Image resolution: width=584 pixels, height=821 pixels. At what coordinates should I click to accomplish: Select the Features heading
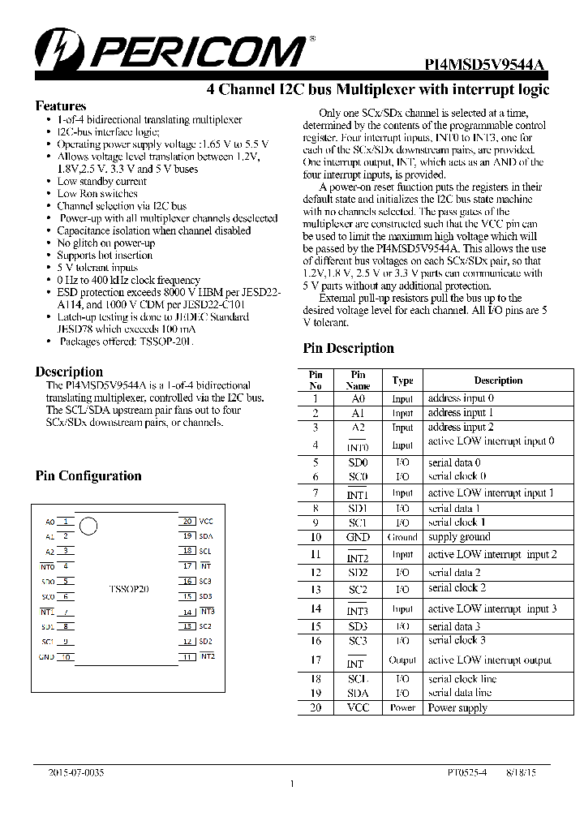coord(61,106)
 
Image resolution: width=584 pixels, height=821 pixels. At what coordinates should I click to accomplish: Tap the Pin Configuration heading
coord(88,476)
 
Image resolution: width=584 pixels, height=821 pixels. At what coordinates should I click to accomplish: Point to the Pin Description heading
coord(348,349)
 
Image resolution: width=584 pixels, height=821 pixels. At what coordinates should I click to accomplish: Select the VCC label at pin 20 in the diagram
coord(206,522)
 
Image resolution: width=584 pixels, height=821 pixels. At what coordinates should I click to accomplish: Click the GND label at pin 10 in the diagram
coord(46,656)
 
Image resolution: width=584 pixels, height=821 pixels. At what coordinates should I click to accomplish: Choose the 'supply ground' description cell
coord(459,537)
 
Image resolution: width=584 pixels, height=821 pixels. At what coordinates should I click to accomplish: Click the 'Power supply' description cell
coord(457,707)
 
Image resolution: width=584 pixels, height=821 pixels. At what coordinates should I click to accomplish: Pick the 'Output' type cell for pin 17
coord(402,660)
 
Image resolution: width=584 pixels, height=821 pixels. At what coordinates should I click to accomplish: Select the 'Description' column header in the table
coord(498,380)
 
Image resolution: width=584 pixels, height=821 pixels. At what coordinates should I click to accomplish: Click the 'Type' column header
coord(402,380)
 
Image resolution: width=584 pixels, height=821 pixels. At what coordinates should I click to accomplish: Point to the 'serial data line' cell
coord(460,693)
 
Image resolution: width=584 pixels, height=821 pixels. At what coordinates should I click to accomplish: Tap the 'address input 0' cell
coord(461,398)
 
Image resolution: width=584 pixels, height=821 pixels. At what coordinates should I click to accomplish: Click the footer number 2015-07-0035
coord(75,774)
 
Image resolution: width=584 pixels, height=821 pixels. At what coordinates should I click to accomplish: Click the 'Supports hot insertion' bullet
coord(105,256)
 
